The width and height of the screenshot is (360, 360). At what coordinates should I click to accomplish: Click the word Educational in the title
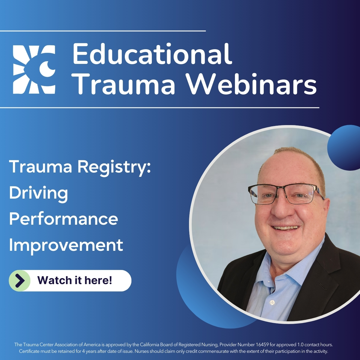click(152, 54)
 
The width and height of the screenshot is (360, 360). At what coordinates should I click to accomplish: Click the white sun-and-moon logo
click(34, 69)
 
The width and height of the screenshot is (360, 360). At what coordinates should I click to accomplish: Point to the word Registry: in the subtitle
click(114, 167)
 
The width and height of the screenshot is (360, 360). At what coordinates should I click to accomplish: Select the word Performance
click(64, 219)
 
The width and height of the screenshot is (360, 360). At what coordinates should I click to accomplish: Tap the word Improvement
click(66, 245)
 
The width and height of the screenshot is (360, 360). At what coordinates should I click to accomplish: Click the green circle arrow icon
click(20, 280)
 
